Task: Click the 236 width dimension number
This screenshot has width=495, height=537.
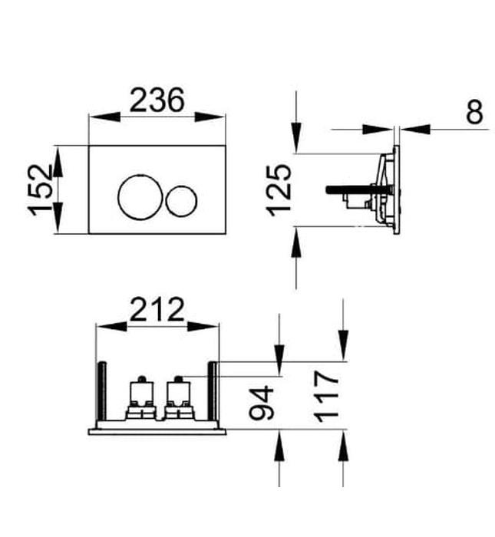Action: (157, 100)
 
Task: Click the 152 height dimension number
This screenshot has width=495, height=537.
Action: (41, 189)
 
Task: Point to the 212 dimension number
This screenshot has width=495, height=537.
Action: (157, 310)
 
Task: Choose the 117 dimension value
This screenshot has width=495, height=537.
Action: (326, 396)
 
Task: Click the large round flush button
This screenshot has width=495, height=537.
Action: (139, 196)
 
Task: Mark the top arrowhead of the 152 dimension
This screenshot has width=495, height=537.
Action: (57, 155)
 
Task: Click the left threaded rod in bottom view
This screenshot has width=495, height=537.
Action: (100, 391)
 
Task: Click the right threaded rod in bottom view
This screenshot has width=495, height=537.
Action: (214, 391)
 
